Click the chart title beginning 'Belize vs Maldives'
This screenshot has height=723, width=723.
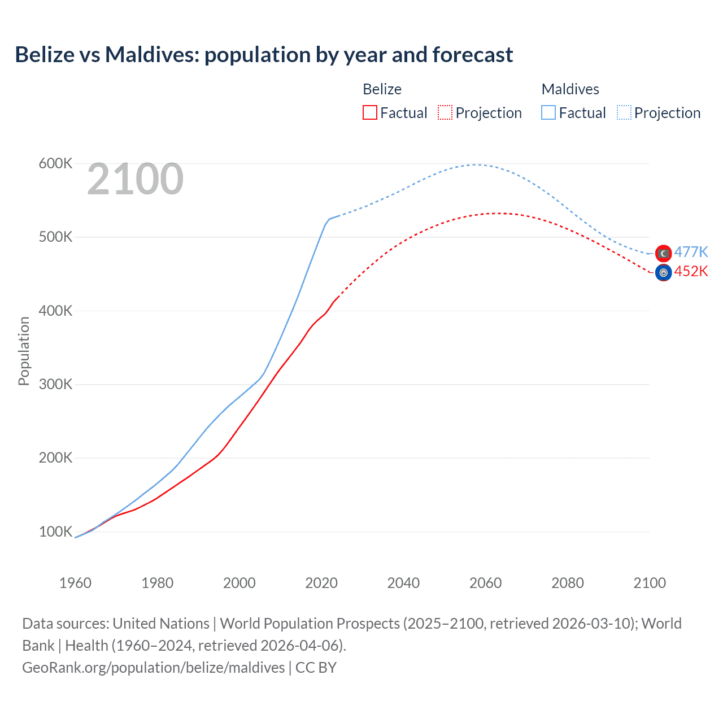pyautogui.click(x=264, y=55)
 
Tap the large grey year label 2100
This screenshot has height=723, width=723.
pyautogui.click(x=135, y=179)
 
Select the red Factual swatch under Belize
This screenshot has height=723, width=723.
pyautogui.click(x=370, y=112)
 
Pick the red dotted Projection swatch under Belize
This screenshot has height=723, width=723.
pyautogui.click(x=445, y=112)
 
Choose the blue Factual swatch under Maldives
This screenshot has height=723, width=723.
pyautogui.click(x=548, y=112)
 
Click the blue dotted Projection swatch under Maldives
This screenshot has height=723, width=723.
pyautogui.click(x=624, y=112)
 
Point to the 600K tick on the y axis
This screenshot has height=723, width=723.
pyautogui.click(x=55, y=164)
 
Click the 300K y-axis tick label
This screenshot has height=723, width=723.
pyautogui.click(x=55, y=384)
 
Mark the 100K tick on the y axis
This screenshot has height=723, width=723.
pyautogui.click(x=55, y=532)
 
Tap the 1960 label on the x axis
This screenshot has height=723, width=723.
pyautogui.click(x=75, y=583)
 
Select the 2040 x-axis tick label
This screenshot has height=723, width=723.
pyautogui.click(x=403, y=583)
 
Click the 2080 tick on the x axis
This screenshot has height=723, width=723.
pyautogui.click(x=568, y=583)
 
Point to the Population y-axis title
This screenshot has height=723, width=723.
pyautogui.click(x=24, y=351)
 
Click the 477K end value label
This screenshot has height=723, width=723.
pyautogui.click(x=691, y=252)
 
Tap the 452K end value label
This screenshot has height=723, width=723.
pyautogui.click(x=691, y=272)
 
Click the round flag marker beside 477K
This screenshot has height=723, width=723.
pyautogui.click(x=664, y=253)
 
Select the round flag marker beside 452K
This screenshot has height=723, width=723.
pyautogui.click(x=664, y=273)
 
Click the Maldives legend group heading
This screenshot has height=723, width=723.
pyautogui.click(x=570, y=89)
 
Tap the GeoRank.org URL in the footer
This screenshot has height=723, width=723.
pyautogui.click(x=154, y=668)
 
